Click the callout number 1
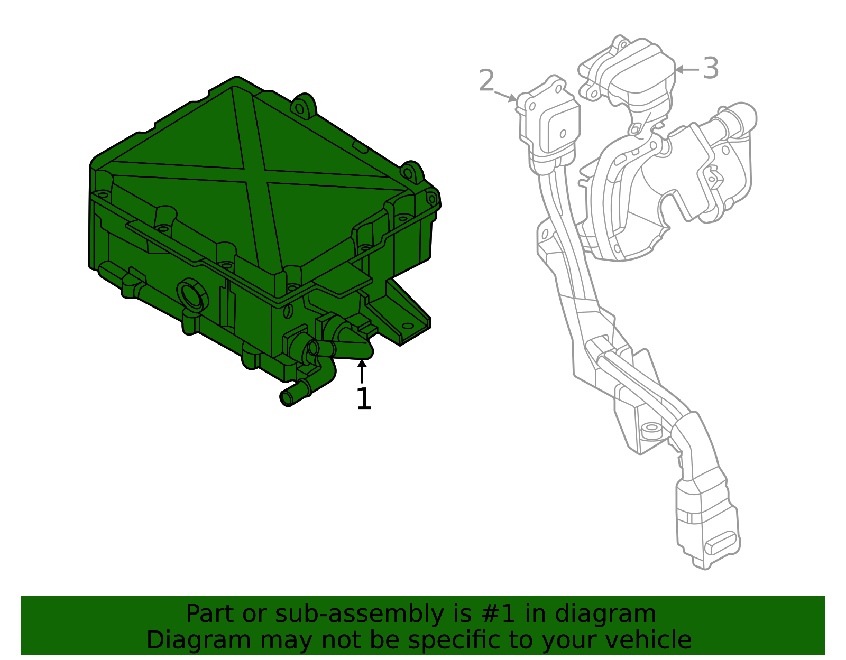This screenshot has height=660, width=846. coord(364,399)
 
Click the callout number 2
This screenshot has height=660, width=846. coord(486,81)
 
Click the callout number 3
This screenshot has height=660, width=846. coord(711,69)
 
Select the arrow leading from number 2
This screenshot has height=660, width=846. coord(505,96)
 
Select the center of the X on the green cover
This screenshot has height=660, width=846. coord(256,175)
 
